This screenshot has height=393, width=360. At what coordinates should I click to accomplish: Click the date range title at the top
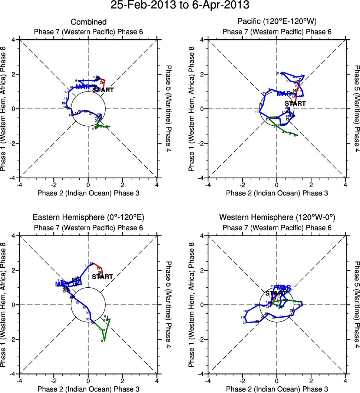click(x=180, y=6)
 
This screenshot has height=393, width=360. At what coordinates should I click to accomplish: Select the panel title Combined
click(x=89, y=22)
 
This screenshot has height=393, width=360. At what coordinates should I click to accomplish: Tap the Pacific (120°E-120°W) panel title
click(x=277, y=22)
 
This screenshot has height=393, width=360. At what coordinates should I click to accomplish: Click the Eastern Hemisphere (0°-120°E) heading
click(x=89, y=217)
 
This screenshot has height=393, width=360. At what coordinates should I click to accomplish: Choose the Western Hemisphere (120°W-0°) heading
click(x=277, y=217)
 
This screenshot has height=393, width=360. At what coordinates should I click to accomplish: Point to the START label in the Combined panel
click(x=103, y=90)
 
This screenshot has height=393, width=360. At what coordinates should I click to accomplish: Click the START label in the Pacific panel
click(x=295, y=103)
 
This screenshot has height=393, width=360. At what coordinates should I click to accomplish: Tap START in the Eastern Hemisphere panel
click(x=102, y=277)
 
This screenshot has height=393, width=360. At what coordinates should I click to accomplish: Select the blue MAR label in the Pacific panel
click(x=284, y=93)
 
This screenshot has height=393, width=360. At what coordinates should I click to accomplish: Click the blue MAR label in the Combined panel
click(x=82, y=87)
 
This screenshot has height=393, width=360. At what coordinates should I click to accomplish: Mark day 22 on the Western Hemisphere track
click(x=245, y=323)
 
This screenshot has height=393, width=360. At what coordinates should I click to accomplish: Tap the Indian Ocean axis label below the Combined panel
click(x=89, y=193)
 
